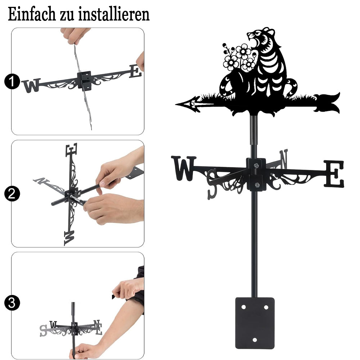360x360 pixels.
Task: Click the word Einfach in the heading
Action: pyautogui.click(x=32, y=14)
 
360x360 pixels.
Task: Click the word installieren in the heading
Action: pyautogui.click(x=114, y=14)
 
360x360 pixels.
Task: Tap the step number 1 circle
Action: pyautogui.click(x=12, y=81)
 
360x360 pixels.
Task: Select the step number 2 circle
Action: pyautogui.click(x=12, y=194)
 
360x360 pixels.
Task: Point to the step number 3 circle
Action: pyautogui.click(x=12, y=303)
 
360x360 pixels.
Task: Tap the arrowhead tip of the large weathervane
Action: pyautogui.click(x=176, y=104)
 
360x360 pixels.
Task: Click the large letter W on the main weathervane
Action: pyautogui.click(x=184, y=168)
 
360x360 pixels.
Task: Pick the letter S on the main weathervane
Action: pyautogui.click(x=212, y=184)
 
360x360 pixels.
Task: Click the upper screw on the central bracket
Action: pyautogui.click(x=256, y=165)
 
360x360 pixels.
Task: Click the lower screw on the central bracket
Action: pyautogui.click(x=257, y=185)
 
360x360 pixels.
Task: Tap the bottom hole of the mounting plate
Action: pyautogui.click(x=255, y=340)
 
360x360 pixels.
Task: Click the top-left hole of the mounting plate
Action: pyautogui.click(x=243, y=307)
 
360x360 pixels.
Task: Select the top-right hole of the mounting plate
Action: pyautogui.click(x=266, y=307)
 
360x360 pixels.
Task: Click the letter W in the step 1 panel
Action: pyautogui.click(x=31, y=85)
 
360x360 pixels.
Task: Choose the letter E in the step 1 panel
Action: pyautogui.click(x=135, y=71)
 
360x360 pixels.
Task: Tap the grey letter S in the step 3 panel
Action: pyautogui.click(x=43, y=330)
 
